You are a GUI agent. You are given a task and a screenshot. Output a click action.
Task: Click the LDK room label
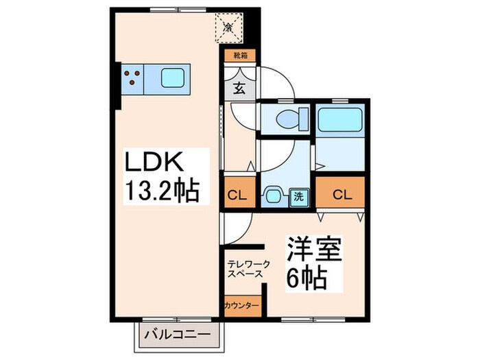point(152,165)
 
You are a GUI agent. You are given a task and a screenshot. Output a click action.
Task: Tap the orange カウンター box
point(241,305)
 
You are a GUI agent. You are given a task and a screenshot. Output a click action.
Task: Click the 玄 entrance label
point(239,88)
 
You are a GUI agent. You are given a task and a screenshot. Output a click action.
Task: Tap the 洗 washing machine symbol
point(299,195)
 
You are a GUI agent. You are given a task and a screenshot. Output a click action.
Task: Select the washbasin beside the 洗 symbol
point(273,195)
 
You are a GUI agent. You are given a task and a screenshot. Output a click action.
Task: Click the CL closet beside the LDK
point(237,195)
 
